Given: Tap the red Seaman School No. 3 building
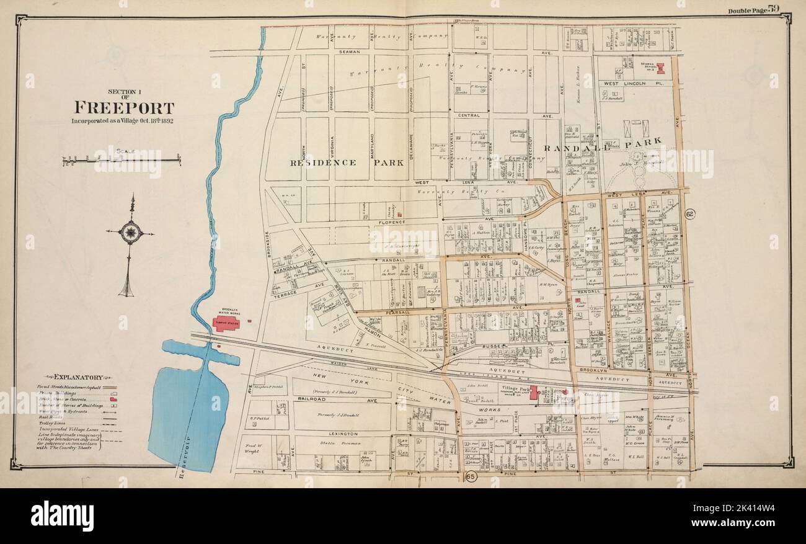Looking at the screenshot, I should coord(660,68).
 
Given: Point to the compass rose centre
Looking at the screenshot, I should coord(130,233).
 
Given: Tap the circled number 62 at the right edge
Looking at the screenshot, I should coord(689,214).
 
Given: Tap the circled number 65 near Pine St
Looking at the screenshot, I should coord(470,477).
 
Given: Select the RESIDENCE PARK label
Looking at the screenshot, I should coord(347,163).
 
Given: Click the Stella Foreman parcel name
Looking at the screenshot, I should coord(338,444).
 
